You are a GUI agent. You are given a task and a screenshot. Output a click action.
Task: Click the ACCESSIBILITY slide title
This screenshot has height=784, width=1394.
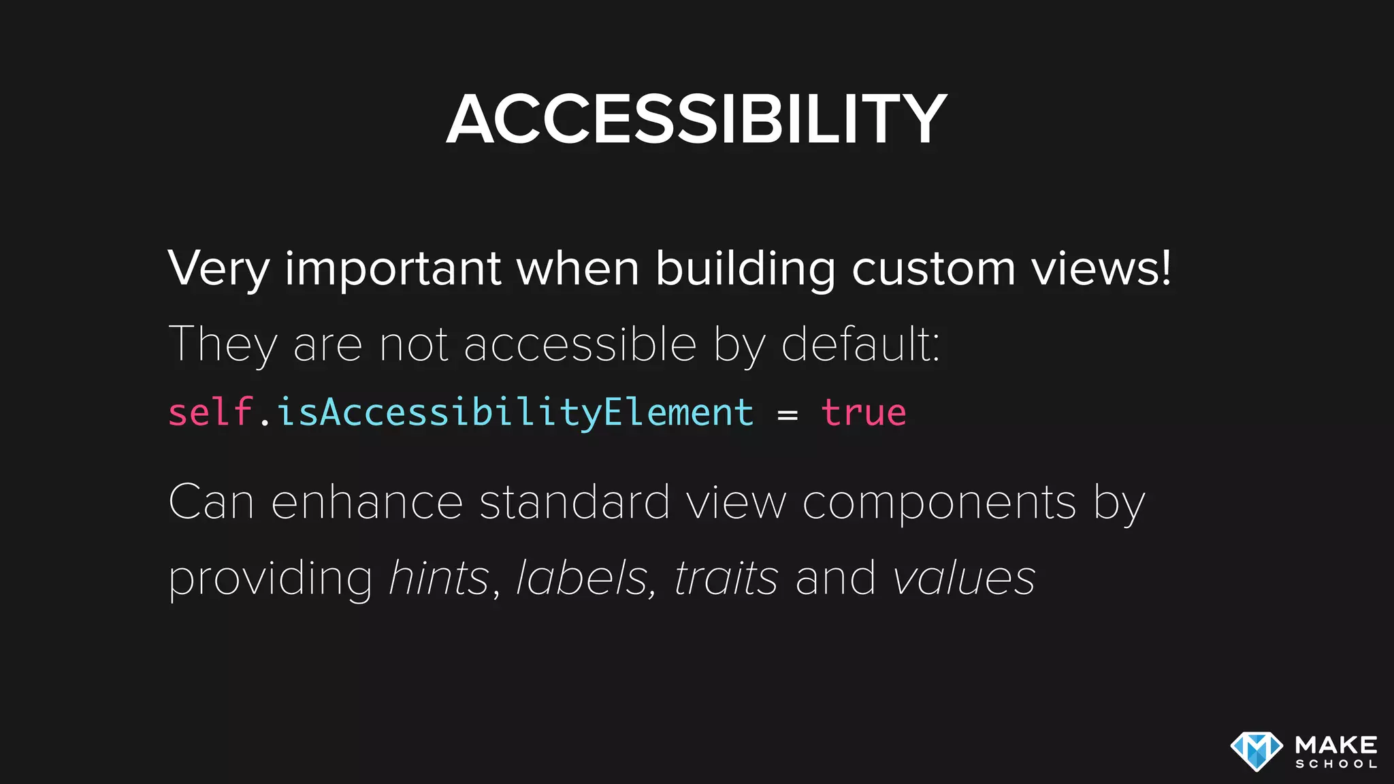(696, 120)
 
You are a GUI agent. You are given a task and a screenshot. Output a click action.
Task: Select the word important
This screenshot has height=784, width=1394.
(393, 269)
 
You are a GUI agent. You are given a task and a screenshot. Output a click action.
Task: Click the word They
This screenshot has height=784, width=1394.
(223, 344)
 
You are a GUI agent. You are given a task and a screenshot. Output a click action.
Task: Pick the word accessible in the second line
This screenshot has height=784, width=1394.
(580, 344)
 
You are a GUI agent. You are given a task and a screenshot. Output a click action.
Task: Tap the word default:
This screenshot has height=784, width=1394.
(860, 344)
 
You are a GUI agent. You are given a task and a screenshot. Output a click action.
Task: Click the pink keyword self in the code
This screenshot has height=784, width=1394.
(210, 412)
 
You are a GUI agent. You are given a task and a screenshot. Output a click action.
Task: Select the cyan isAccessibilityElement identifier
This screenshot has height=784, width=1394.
(515, 414)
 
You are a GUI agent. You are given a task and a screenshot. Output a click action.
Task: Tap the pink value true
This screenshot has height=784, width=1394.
(864, 412)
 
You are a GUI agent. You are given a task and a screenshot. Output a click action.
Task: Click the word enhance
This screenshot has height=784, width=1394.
(367, 502)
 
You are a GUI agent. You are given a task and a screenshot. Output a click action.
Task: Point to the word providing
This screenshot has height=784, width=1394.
(270, 579)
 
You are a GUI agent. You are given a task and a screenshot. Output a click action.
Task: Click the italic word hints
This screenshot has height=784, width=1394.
(438, 578)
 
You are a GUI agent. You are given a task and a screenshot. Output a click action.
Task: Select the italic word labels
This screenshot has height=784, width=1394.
(582, 578)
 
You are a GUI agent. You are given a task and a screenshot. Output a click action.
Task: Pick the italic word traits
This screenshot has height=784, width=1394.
(726, 578)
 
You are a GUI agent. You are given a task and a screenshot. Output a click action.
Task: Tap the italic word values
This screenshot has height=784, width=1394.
(964, 578)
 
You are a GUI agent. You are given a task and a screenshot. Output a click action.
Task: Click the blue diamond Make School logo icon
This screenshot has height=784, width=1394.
(1257, 751)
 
